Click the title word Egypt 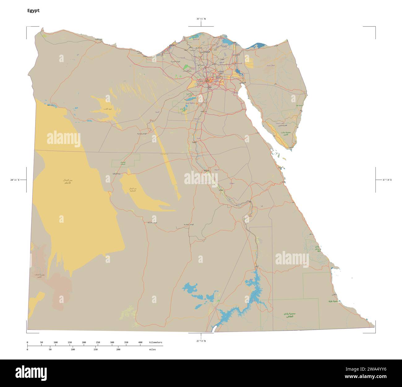pos(33,11)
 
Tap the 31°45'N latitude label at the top pos(201,19)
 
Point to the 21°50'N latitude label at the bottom pos(201,341)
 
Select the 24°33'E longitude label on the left pos(15,180)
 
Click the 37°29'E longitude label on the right pos(387,180)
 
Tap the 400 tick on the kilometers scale pos(140,343)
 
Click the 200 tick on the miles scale pos(118,350)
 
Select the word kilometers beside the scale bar pos(156,343)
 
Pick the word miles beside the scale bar pos(152,350)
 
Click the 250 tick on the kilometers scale pos(98,343)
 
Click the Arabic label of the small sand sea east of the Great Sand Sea pos(133,189)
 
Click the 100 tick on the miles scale pos(73,350)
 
